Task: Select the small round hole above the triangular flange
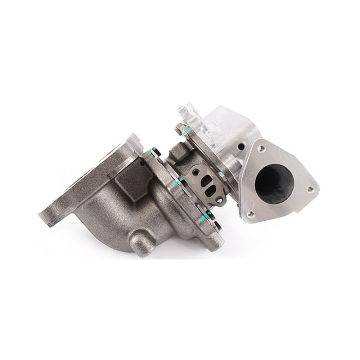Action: click(240, 147)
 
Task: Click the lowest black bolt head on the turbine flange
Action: click(217, 226)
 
